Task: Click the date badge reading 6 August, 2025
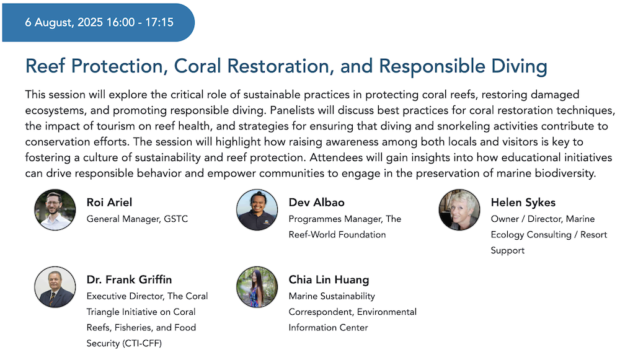click(99, 23)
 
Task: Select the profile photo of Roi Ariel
click(55, 209)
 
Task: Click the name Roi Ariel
click(109, 203)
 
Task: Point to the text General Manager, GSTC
click(137, 219)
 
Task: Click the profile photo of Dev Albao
click(257, 209)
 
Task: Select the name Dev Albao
click(316, 203)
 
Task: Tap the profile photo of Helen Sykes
click(459, 209)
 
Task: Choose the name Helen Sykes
click(523, 203)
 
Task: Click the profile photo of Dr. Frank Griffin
click(55, 287)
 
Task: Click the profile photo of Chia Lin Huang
click(257, 287)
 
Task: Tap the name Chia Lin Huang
click(329, 280)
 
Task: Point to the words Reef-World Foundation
click(337, 235)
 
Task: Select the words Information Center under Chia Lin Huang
click(328, 328)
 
